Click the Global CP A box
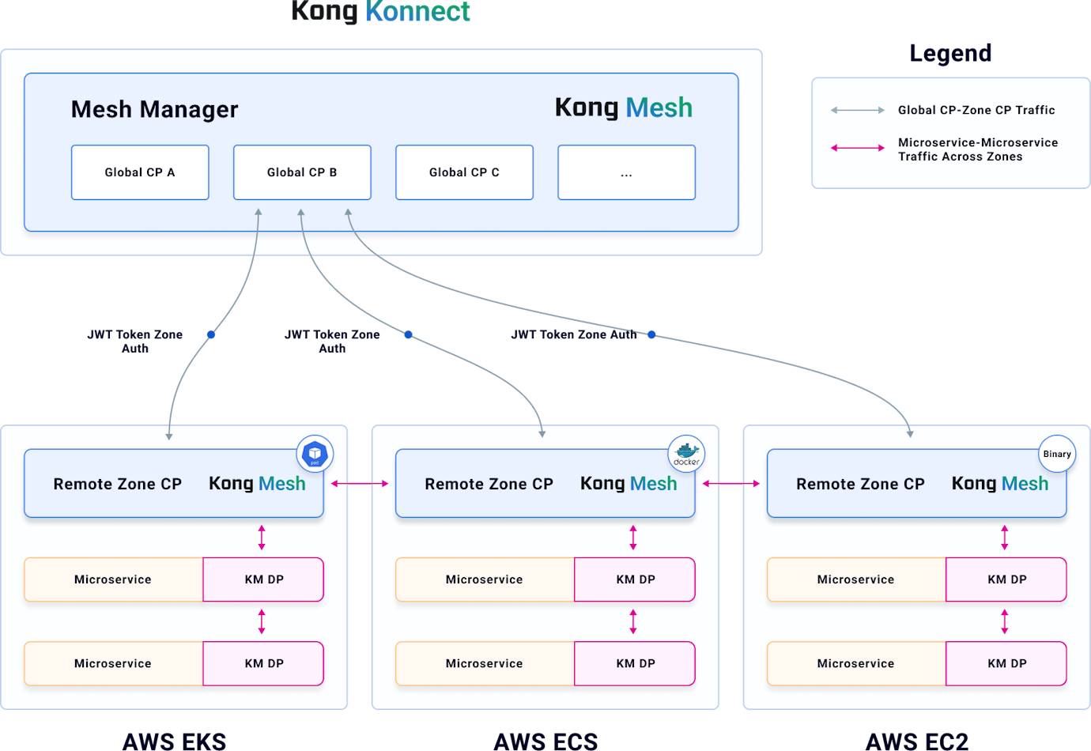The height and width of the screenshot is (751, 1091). click(140, 172)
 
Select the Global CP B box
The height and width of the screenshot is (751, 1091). click(302, 172)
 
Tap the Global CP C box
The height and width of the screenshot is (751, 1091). click(464, 172)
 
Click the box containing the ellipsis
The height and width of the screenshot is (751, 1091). click(626, 172)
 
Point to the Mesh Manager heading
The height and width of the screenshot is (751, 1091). click(154, 109)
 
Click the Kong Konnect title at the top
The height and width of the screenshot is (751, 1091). click(381, 12)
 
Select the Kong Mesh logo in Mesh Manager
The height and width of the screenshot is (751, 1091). click(623, 108)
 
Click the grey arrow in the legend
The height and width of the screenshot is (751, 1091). click(857, 111)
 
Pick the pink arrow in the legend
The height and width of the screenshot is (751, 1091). click(857, 148)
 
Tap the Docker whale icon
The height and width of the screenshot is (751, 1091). click(686, 454)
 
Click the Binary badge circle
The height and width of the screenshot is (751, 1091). click(1056, 454)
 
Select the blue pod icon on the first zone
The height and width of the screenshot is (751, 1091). click(315, 454)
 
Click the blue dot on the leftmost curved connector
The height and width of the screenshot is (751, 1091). click(211, 334)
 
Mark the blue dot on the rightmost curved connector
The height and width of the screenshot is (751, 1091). click(651, 334)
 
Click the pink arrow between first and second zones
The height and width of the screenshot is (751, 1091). click(359, 484)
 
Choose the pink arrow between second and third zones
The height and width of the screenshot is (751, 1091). click(730, 484)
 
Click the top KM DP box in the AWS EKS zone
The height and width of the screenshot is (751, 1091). click(263, 579)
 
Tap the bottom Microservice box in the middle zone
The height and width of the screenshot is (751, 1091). click(485, 663)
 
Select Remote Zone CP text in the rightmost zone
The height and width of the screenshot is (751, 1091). click(860, 484)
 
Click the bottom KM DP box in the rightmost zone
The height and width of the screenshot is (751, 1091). click(1006, 663)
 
